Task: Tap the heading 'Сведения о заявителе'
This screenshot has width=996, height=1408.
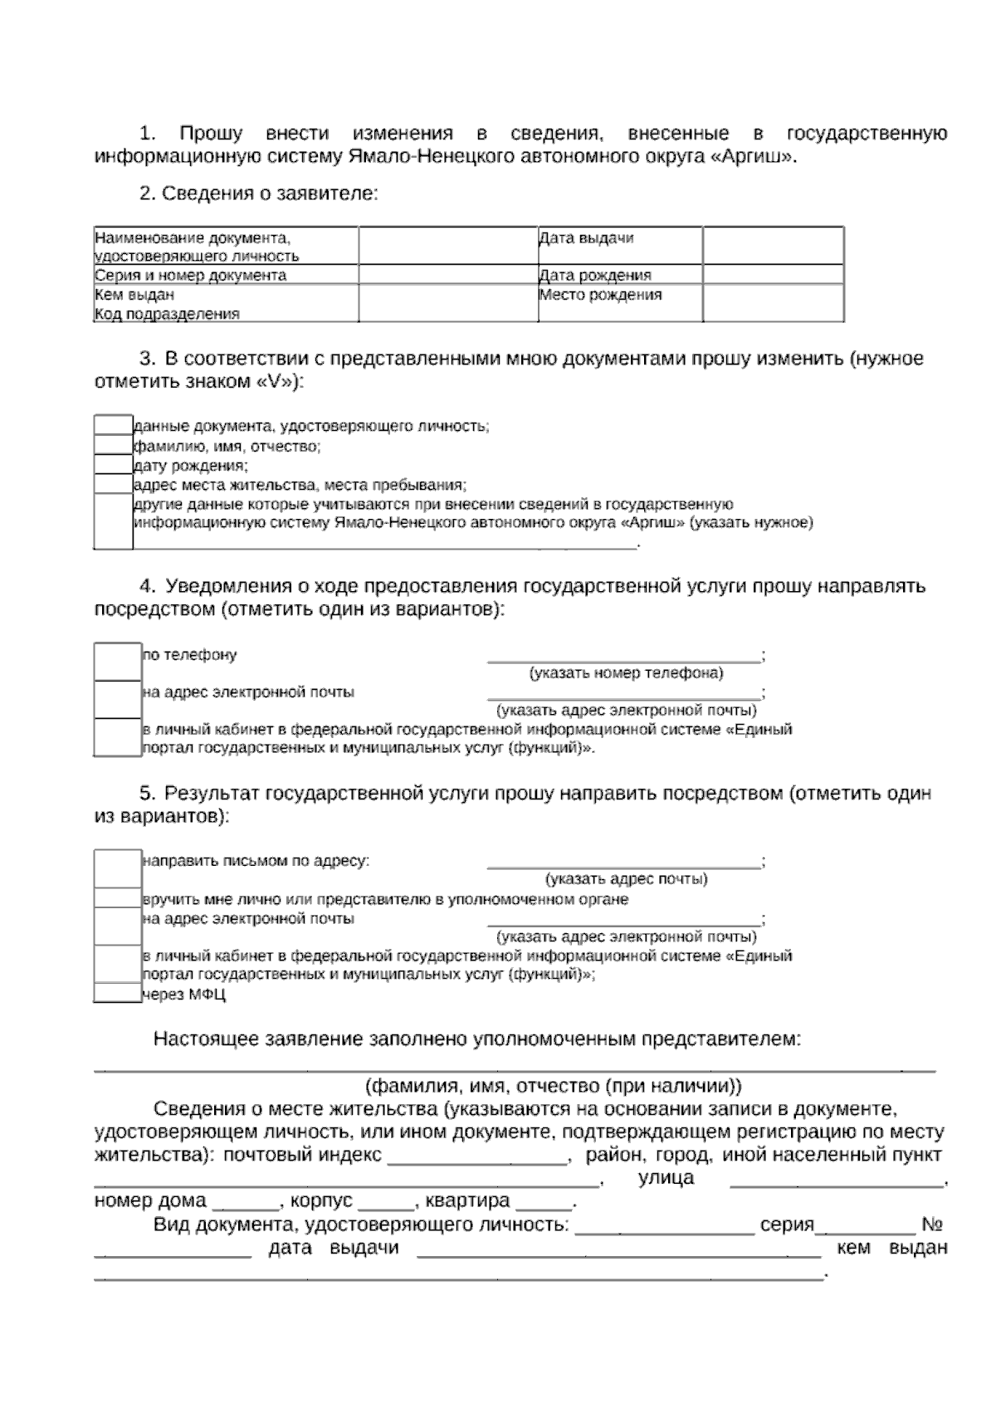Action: point(270,193)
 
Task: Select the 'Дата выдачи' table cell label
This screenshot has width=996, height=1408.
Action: point(586,238)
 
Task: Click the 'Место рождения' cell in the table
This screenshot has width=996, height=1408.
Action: point(600,295)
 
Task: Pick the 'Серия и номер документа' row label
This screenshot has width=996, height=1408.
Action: point(190,275)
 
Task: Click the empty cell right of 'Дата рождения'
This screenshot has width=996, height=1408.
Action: point(773,275)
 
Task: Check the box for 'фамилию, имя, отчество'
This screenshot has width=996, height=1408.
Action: point(113,446)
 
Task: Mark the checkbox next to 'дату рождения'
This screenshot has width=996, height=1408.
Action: point(113,465)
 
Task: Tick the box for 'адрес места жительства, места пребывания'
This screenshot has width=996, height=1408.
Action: point(113,485)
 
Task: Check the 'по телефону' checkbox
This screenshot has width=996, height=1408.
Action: point(117,662)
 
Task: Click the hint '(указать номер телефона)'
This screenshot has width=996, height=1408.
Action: point(626,672)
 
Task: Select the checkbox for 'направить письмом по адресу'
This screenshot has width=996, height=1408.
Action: point(117,868)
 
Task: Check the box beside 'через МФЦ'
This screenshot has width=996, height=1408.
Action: point(117,994)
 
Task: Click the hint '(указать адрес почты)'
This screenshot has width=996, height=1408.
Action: point(626,879)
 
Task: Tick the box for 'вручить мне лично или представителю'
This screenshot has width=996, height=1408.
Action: point(117,899)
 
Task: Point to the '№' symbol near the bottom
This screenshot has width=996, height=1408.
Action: point(931,1225)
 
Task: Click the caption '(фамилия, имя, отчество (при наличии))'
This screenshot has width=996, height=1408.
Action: point(554,1086)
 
